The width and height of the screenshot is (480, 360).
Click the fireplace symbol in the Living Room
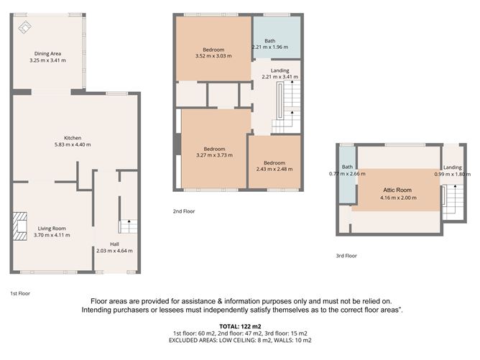tap(21, 224)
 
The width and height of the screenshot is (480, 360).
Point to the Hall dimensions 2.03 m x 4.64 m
tap(114, 251)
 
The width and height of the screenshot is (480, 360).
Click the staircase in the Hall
tap(126, 226)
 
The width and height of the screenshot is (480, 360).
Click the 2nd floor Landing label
tap(280, 70)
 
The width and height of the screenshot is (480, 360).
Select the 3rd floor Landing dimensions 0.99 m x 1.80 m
tap(452, 174)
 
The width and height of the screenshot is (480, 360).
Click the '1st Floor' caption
tap(20, 293)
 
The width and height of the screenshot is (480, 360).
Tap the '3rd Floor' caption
tap(347, 256)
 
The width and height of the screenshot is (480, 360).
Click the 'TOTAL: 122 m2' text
tap(239, 326)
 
